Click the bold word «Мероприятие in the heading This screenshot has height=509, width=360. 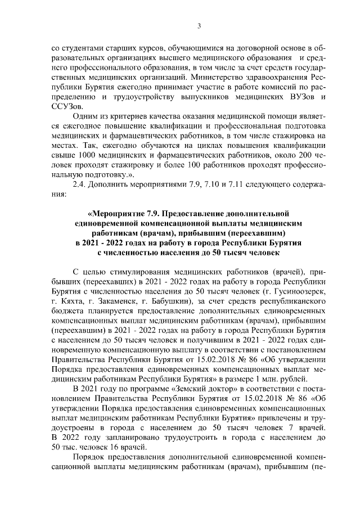(x=114, y=214)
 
